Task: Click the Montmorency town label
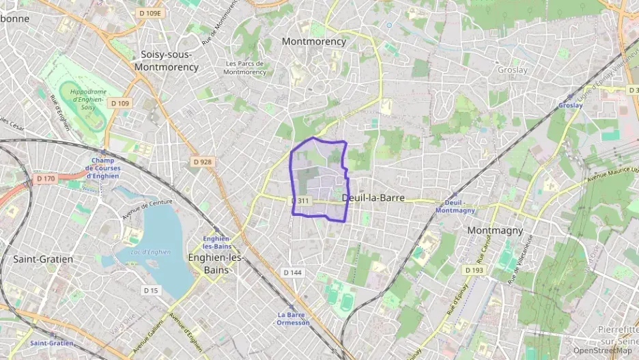coord(314,41)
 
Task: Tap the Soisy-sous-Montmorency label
coord(167,61)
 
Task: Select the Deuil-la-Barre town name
coord(373,197)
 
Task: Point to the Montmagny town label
coord(495,230)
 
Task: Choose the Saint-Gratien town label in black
coord(43,259)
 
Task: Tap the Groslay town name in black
coord(513,70)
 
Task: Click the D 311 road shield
coord(301,201)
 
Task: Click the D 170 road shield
coord(46,179)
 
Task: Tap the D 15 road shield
coord(151,290)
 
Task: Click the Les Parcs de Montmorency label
coord(244,68)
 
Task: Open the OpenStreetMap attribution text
coord(602,350)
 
